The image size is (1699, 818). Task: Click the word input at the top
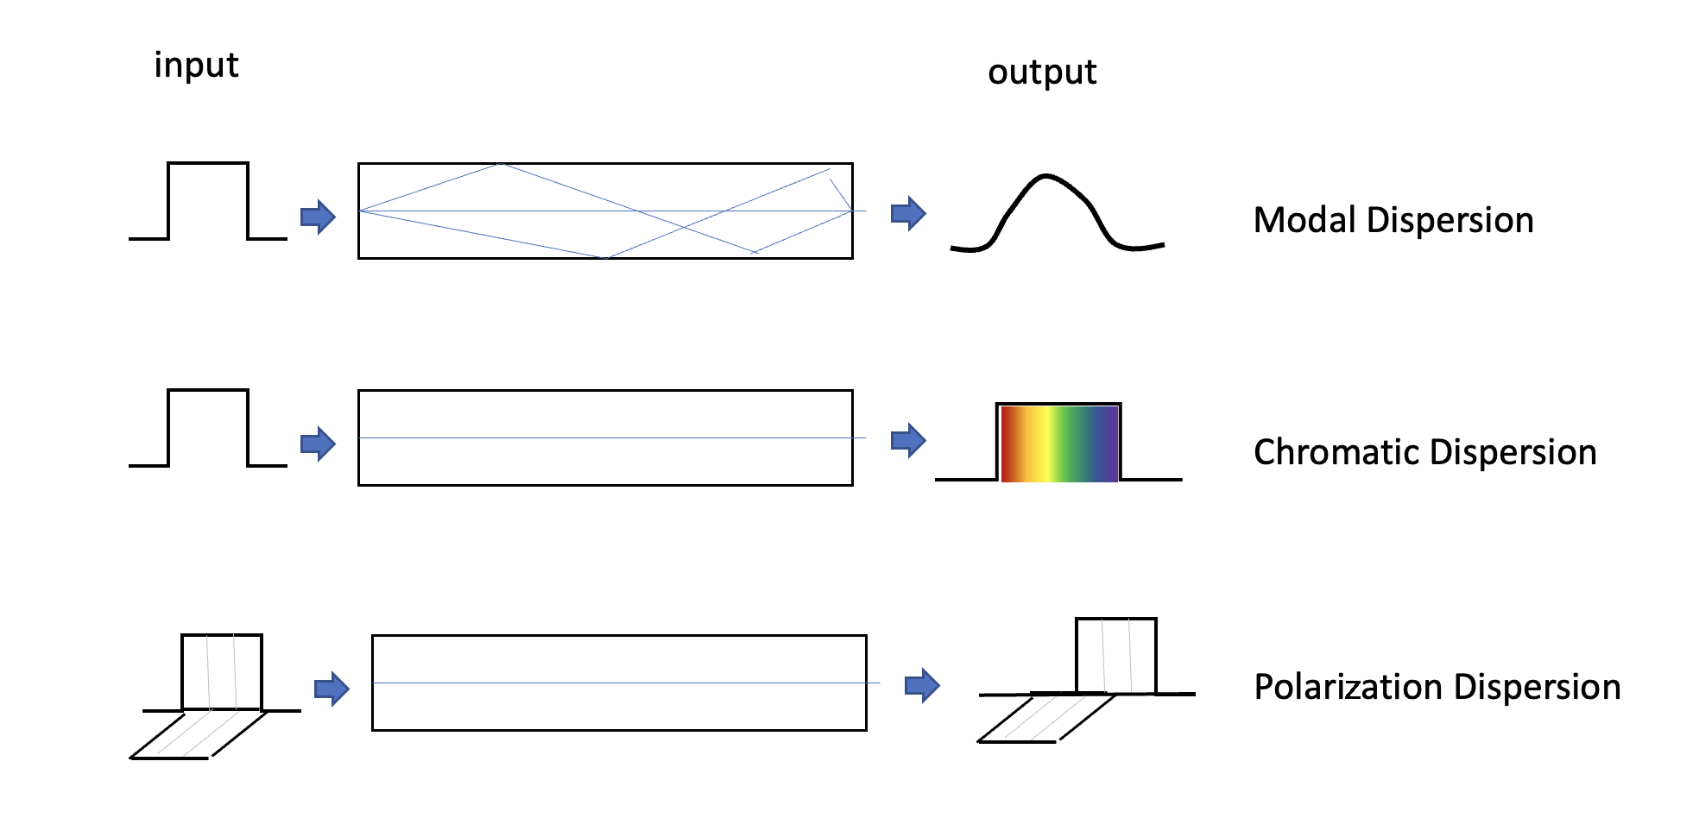[x=196, y=66]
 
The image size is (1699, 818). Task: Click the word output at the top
[x=1042, y=72]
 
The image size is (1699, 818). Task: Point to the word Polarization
[x=1348, y=688]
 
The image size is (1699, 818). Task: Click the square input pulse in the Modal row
[x=208, y=200]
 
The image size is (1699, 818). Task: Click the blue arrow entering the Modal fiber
[x=318, y=217]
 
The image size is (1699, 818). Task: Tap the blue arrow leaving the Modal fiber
[x=908, y=212]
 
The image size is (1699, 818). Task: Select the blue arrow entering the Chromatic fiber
[x=318, y=444]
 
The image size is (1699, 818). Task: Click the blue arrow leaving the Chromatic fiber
[x=908, y=440]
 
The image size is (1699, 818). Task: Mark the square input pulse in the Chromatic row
[x=208, y=428]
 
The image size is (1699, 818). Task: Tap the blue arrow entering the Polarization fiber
[x=332, y=689]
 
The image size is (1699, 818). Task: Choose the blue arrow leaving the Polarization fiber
[x=922, y=685]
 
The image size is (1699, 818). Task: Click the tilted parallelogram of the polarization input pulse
[x=199, y=734]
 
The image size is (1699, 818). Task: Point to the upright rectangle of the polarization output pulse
[x=1115, y=656]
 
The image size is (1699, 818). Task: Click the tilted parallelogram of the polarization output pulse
[x=1046, y=718]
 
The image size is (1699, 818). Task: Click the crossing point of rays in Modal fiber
[x=685, y=227]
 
